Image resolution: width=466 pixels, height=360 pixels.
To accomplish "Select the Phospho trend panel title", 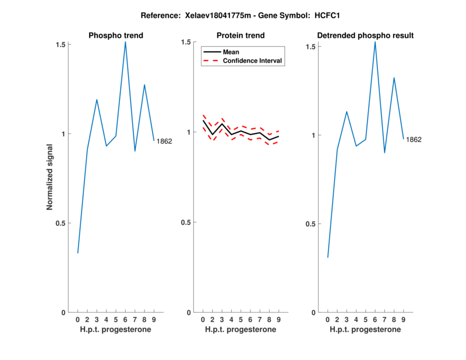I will [x=116, y=36].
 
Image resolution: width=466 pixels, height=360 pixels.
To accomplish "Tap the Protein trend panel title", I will [x=241, y=36].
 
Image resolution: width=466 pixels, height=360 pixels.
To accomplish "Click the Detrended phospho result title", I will [x=365, y=36].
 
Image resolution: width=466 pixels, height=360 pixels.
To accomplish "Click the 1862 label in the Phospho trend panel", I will [x=164, y=141].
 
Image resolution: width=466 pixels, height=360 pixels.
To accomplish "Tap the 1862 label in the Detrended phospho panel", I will [x=414, y=140].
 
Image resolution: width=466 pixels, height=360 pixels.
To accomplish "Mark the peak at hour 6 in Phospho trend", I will [x=125, y=41].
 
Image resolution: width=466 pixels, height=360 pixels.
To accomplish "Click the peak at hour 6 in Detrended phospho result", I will [x=375, y=41].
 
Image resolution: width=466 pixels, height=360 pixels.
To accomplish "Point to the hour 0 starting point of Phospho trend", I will [x=77, y=253].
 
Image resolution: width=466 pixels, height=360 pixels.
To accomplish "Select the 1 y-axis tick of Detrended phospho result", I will [x=313, y=135].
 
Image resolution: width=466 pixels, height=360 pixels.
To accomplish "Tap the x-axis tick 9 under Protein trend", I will [x=278, y=319].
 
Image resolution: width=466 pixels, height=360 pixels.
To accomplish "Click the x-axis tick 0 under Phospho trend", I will [x=77, y=319].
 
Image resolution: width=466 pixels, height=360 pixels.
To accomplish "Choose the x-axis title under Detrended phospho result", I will [x=365, y=330].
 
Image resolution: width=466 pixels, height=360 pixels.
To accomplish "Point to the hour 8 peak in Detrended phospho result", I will [x=394, y=77].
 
